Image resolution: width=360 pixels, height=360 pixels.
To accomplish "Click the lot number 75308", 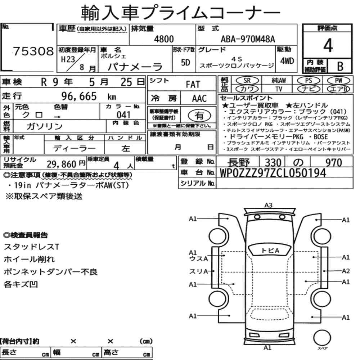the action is [33, 51].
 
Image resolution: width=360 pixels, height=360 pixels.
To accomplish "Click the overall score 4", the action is [328, 45].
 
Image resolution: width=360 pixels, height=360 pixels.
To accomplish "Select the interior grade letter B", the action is [340, 66].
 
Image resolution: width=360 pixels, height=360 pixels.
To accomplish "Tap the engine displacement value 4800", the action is [164, 39].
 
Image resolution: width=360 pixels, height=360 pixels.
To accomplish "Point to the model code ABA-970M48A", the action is [248, 39].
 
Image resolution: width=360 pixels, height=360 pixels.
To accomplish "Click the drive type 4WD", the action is [287, 61].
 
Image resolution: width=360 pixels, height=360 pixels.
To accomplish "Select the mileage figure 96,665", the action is [79, 96].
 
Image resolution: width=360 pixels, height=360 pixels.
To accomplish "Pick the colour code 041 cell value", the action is [123, 114].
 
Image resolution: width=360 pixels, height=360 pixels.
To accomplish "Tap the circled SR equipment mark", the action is [247, 80].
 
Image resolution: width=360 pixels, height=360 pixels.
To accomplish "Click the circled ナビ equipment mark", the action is [309, 89].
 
